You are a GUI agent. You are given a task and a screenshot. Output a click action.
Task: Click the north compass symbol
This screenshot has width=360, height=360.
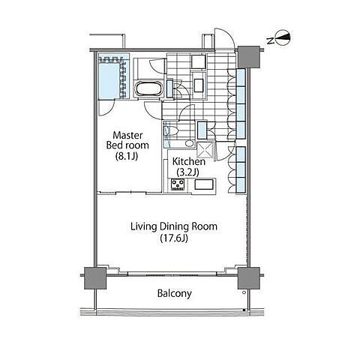(x=283, y=38)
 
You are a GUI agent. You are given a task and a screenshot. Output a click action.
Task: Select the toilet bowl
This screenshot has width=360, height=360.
(x=171, y=130)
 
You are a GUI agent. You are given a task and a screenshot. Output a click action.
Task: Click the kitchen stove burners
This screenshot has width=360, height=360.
(x=178, y=184)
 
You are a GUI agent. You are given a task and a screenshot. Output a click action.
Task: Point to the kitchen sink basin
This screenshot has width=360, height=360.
(x=204, y=184)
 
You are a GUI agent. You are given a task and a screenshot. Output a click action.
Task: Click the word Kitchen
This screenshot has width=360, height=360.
(x=189, y=161)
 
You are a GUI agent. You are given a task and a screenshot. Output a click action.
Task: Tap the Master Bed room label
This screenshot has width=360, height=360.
(x=127, y=140)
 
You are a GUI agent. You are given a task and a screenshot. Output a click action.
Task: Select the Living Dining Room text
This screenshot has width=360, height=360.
(x=174, y=226)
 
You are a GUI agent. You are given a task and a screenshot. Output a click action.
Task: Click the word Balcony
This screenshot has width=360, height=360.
(x=175, y=293)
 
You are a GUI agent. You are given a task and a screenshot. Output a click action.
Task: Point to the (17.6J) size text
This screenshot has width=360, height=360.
(x=174, y=238)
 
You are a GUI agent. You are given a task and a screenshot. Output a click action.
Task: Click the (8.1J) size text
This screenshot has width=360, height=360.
(x=127, y=156)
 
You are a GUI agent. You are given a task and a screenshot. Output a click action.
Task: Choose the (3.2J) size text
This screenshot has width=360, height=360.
(x=187, y=172)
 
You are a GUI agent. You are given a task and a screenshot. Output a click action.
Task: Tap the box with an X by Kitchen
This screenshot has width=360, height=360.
(x=205, y=150)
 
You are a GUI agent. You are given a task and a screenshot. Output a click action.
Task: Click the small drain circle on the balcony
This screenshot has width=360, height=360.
(x=244, y=292)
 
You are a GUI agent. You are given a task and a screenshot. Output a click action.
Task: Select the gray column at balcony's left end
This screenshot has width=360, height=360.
(x=95, y=278)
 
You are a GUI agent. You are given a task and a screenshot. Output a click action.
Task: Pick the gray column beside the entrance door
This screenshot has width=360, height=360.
(x=248, y=57)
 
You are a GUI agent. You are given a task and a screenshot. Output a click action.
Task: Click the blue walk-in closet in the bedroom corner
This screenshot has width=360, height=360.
(x=114, y=76)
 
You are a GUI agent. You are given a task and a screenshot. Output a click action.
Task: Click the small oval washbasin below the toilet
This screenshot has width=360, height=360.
(x=190, y=143)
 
